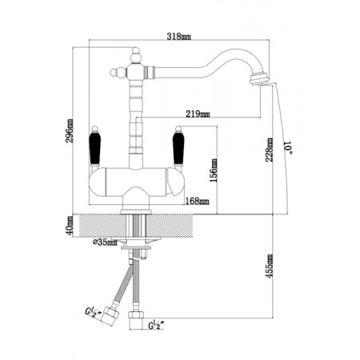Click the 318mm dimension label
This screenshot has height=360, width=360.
pyautogui.click(x=178, y=36)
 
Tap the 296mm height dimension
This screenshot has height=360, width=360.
pyautogui.click(x=70, y=130)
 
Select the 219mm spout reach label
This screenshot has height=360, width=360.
pyautogui.click(x=198, y=114)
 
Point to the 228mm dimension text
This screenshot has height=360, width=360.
pyautogui.click(x=269, y=150)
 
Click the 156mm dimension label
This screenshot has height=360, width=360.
pyautogui.click(x=214, y=170)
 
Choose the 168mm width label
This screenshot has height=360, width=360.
pyautogui.click(x=197, y=201)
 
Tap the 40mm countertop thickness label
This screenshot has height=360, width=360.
pyautogui.click(x=70, y=226)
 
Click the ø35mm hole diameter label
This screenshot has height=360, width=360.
pyautogui.click(x=105, y=242)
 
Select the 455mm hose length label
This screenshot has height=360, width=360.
pyautogui.click(x=269, y=266)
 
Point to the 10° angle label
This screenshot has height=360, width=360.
pyautogui.click(x=288, y=148)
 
